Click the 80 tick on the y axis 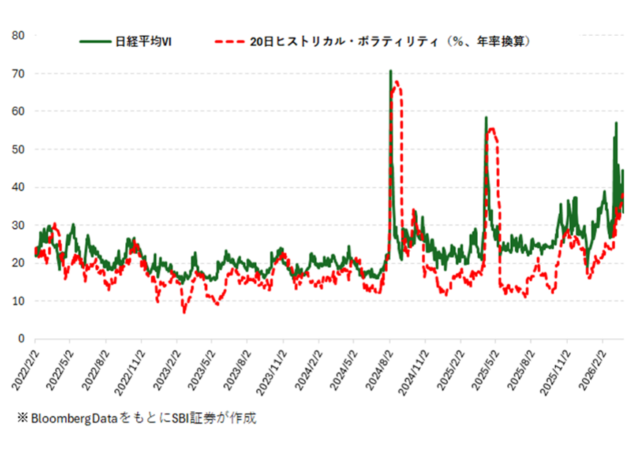coord(20,35)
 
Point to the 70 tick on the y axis coord(20,73)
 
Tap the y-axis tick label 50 coord(20,149)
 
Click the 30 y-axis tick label coord(20,225)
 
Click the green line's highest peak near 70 coord(391,71)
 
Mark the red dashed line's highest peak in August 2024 coord(397,81)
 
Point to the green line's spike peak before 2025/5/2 coord(485,117)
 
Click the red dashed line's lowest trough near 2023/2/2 coord(184,313)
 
